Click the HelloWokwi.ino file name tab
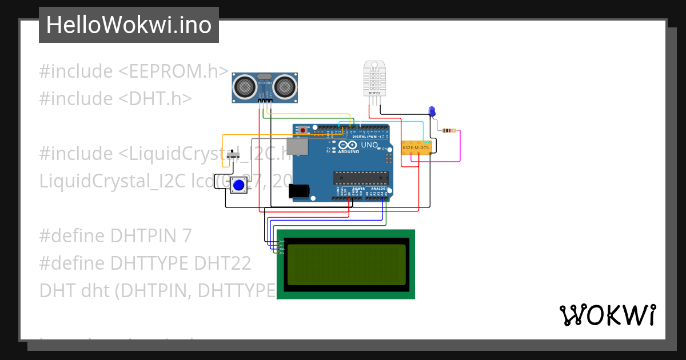click(129, 25)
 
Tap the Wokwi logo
click(607, 315)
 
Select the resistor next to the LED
click(449, 131)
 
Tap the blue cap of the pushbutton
click(239, 185)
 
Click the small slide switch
click(233, 155)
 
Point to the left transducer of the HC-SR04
click(246, 87)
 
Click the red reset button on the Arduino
click(302, 130)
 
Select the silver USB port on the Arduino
click(298, 146)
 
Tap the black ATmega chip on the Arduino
click(361, 178)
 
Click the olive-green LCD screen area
click(346, 264)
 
